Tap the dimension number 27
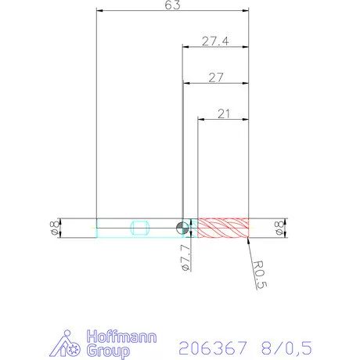pyautogui.click(x=215, y=77)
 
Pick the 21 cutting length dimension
pyautogui.click(x=223, y=113)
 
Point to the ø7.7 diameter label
pyautogui.click(x=185, y=257)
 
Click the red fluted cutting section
pyautogui.click(x=222, y=228)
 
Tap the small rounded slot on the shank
pyautogui.click(x=142, y=228)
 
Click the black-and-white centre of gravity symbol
pyautogui.click(x=182, y=228)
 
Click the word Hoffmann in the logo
pyautogui.click(x=121, y=338)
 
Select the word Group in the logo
pyautogui.click(x=110, y=351)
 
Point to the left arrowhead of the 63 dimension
pyautogui.click(x=98, y=11)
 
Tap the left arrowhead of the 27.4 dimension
pyautogui.click(x=184, y=47)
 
